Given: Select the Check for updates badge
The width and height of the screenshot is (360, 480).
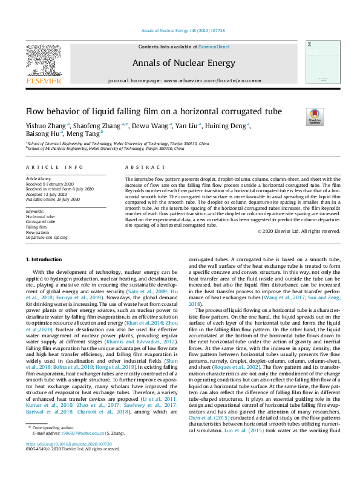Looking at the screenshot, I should (315, 115).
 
